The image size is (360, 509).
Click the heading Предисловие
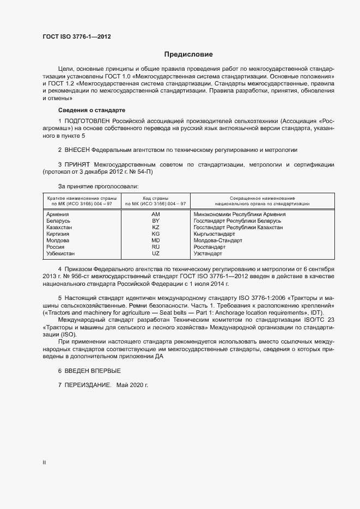pos(188,54)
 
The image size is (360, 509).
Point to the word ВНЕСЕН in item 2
pos(76,149)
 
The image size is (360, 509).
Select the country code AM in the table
pos(155,214)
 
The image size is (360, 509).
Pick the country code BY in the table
pos(155,220)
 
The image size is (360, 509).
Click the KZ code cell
pos(155,227)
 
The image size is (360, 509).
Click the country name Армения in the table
pos(58,214)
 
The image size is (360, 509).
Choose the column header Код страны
pos(155,198)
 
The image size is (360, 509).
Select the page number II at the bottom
pos(44,463)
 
